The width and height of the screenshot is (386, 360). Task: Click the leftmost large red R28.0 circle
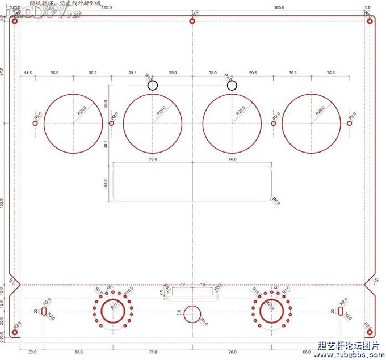[x=73, y=123]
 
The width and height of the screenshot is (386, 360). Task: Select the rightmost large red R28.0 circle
[x=312, y=123]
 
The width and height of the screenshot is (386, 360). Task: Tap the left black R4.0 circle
[x=153, y=85]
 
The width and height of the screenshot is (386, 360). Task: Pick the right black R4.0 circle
[x=232, y=85]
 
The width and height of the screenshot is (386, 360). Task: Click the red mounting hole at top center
[x=192, y=21]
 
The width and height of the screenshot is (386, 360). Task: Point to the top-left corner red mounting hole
[x=15, y=21]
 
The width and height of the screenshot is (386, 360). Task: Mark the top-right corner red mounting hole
[x=370, y=21]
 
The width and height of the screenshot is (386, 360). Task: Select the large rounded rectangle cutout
[x=192, y=182]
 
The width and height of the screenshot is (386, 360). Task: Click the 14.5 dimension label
[x=27, y=73]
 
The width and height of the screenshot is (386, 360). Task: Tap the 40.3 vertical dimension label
[x=106, y=143]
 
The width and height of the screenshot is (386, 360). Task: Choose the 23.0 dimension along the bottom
[x=32, y=353]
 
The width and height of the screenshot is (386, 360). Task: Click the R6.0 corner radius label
[x=276, y=201]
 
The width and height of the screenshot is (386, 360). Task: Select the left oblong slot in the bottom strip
[x=44, y=311]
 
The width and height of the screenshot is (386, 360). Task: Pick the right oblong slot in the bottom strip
[x=341, y=311]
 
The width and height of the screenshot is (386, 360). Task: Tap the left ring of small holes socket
[x=114, y=311]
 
